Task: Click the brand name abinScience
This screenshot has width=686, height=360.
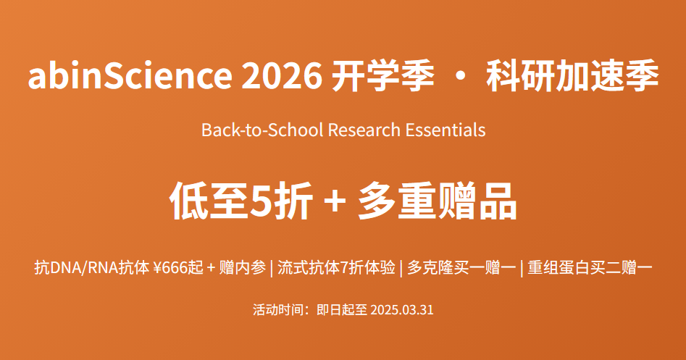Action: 130,75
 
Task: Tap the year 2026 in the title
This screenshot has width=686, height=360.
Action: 282,75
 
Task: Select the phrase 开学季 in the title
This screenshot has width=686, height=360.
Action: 383,75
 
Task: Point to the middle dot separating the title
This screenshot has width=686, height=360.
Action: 460,76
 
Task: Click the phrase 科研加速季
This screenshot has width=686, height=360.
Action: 572,75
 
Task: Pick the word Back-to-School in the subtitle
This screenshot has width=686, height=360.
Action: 262,130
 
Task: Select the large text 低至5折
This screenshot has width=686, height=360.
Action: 241,201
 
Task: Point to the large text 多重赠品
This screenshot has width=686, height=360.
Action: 438,201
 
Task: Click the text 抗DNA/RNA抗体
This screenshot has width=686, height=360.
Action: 92,267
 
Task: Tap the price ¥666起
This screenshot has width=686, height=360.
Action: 178,267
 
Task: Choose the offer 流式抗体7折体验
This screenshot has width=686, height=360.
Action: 336,267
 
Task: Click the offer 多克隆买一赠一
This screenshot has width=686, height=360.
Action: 461,267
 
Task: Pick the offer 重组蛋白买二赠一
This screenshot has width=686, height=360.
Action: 590,267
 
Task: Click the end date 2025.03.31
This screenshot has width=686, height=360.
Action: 401,310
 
